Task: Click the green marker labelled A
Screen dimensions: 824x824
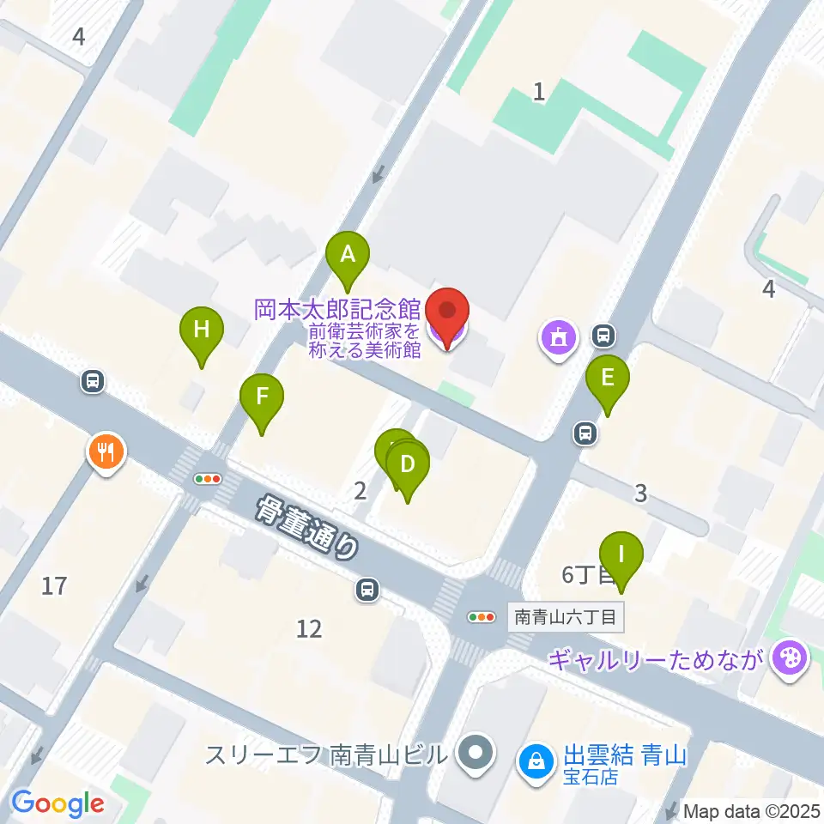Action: [x=348, y=256]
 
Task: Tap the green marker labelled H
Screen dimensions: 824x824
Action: [x=202, y=330]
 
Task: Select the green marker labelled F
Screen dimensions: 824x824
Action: [x=262, y=398]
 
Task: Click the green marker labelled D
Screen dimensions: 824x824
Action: [x=408, y=466]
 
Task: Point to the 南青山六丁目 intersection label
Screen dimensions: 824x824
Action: [x=566, y=616]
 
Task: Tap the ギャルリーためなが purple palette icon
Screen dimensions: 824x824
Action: [x=785, y=659]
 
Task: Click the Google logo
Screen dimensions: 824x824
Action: [x=58, y=803]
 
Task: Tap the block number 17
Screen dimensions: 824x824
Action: [x=54, y=586]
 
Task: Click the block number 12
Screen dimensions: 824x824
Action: [x=309, y=629]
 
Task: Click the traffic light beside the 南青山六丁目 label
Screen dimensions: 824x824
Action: [x=482, y=616]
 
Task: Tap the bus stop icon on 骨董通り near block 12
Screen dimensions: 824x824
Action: [x=367, y=589]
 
